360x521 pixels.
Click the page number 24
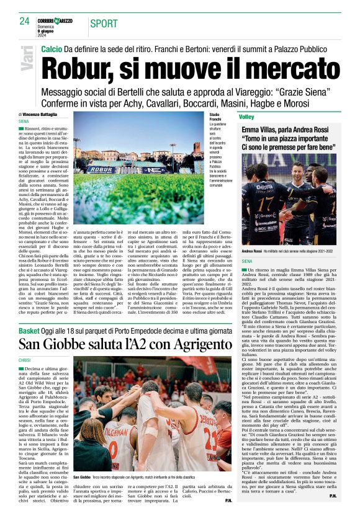(x=24, y=21)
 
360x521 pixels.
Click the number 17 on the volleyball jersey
(x=254, y=205)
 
